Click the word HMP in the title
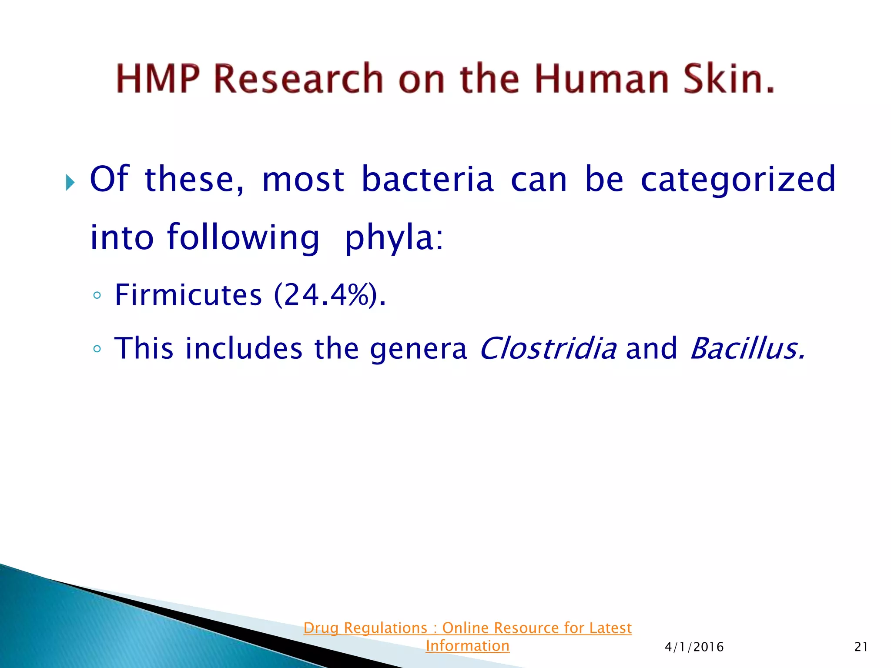(x=158, y=79)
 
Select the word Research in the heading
(x=299, y=79)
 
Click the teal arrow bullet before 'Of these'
(x=70, y=182)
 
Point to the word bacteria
(x=428, y=179)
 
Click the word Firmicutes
(x=188, y=295)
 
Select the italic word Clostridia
(x=547, y=349)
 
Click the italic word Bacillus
(x=747, y=349)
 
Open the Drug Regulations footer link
(x=467, y=628)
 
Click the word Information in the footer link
(x=467, y=646)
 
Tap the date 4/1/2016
(x=694, y=647)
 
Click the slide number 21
(x=861, y=647)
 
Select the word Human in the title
(x=602, y=79)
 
